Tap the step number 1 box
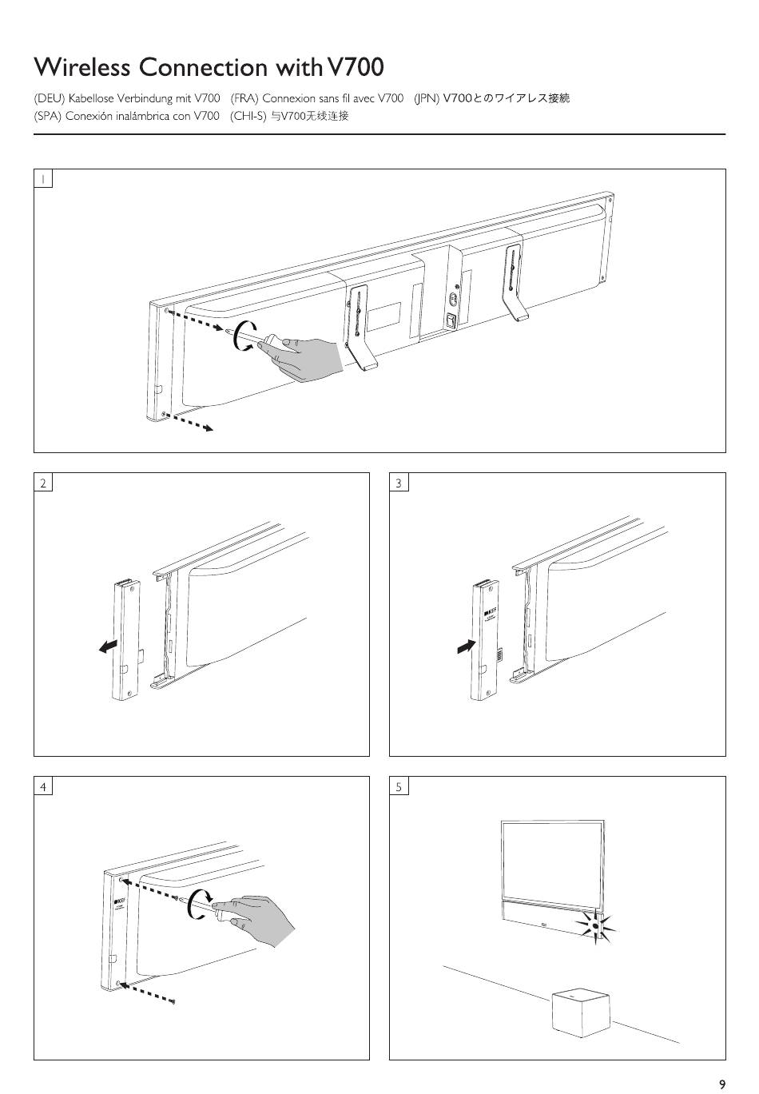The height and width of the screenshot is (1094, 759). [x=43, y=178]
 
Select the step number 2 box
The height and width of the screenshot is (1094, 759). [x=43, y=482]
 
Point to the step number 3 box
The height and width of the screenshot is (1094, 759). [x=399, y=482]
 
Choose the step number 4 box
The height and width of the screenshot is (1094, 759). [x=43, y=786]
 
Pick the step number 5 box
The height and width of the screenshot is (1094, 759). [x=399, y=786]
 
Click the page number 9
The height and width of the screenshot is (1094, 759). [x=721, y=1084]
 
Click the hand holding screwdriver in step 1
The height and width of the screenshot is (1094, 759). [x=308, y=357]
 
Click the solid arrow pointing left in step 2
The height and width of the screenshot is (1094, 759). [x=108, y=646]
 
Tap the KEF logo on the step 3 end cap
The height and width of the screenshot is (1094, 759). [x=490, y=613]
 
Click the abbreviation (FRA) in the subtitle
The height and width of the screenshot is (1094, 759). [x=244, y=98]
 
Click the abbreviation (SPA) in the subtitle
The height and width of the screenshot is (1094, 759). [x=48, y=116]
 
